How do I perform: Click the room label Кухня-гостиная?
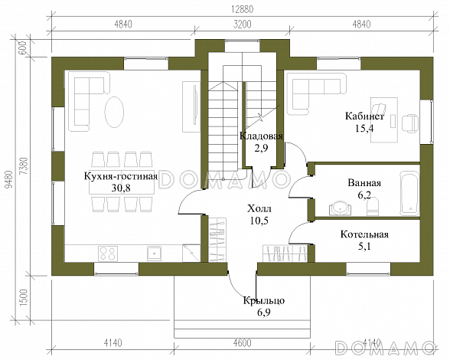121,176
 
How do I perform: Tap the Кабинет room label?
364,116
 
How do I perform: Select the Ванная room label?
364,183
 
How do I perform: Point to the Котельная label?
364,234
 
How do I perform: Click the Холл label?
259,208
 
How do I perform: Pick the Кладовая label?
261,136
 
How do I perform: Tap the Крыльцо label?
264,300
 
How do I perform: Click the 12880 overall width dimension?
243,9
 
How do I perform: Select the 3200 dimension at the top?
242,25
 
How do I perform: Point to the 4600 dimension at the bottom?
242,342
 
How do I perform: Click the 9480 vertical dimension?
9,180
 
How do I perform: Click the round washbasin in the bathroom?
340,208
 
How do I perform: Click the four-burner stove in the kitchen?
108,254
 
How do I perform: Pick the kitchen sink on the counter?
155,254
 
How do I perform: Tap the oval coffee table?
114,113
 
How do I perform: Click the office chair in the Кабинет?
410,123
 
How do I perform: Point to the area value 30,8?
121,188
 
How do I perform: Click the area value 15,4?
364,128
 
